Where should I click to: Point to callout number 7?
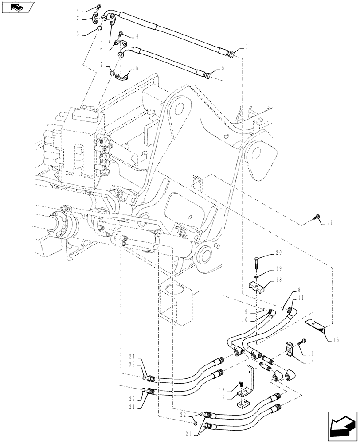pyautogui.click(x=102, y=65)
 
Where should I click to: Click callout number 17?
pyautogui.click(x=329, y=224)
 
